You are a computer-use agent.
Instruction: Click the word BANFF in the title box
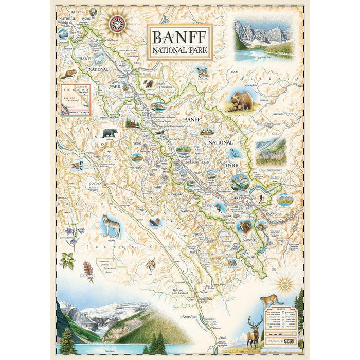click(179, 37)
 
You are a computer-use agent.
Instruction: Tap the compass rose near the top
click(118, 23)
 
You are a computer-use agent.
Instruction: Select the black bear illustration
click(110, 133)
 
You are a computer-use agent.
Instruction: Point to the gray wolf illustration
click(112, 225)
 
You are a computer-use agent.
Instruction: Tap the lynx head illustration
click(151, 264)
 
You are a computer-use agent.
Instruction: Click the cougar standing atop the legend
click(272, 299)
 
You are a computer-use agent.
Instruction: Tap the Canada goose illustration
click(77, 165)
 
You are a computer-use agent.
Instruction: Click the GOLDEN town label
click(80, 183)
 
